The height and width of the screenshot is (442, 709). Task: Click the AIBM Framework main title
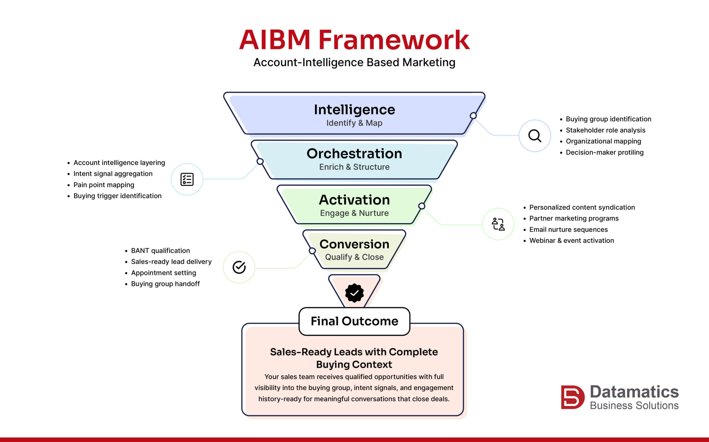[x=354, y=40]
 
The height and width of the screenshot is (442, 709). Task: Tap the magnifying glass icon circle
[x=535, y=136]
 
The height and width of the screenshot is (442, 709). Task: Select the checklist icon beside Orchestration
[x=187, y=179]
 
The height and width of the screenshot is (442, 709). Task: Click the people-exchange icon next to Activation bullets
[x=498, y=224]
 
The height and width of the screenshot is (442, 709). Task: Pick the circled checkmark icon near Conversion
[x=239, y=267]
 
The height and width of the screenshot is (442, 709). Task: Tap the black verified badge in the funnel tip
[x=354, y=293]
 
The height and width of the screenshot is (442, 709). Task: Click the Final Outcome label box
[x=354, y=321]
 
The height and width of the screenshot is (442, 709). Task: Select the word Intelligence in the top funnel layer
[x=354, y=110]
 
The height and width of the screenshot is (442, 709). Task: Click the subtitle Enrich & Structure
[x=354, y=167]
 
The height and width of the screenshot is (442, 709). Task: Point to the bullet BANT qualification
[x=160, y=251]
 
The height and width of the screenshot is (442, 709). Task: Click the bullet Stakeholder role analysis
[x=605, y=130]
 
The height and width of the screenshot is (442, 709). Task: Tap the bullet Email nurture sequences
[x=568, y=229]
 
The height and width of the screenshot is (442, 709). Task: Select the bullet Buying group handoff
[x=165, y=284]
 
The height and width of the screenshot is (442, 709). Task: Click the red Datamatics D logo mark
[x=572, y=397]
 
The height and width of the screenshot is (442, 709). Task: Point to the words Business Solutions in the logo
[x=634, y=405]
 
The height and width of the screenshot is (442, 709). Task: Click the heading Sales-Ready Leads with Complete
[x=354, y=352]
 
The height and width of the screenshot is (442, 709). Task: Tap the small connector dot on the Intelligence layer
[x=473, y=116]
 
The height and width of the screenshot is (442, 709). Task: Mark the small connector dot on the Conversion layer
[x=312, y=251]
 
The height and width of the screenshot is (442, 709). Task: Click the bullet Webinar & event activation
[x=571, y=241]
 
